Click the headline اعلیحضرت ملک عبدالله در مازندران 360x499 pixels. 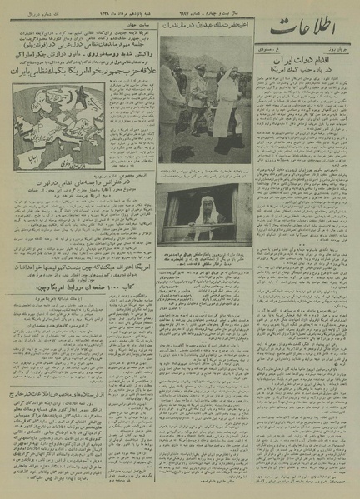[204, 50]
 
